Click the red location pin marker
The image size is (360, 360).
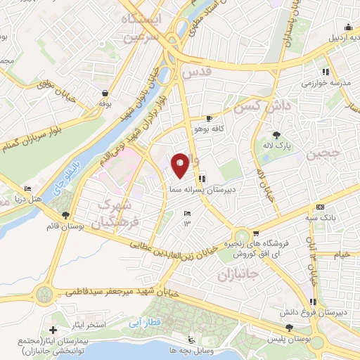click(x=180, y=165)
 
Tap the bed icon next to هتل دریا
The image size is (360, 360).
click(x=27, y=188)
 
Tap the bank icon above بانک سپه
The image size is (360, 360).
click(x=320, y=207)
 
